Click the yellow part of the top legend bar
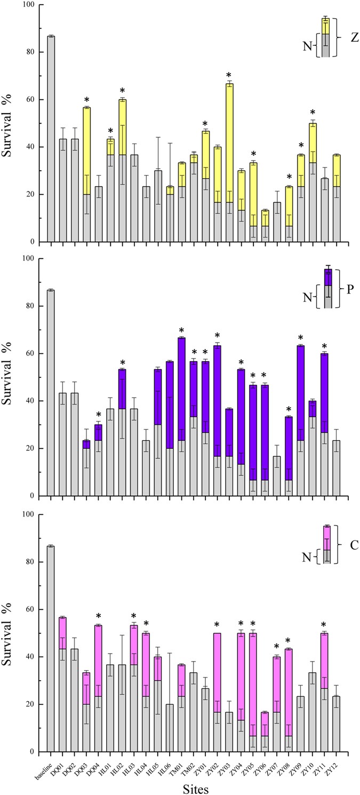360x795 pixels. point(325,26)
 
